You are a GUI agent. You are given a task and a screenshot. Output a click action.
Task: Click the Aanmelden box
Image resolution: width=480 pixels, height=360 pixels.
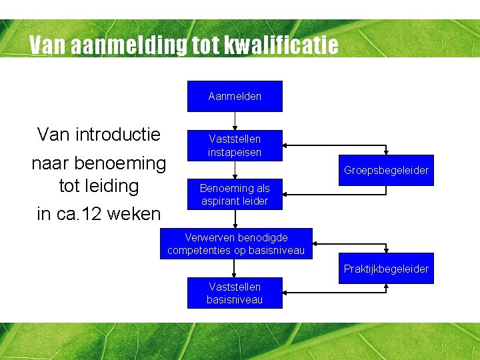[x=235, y=96]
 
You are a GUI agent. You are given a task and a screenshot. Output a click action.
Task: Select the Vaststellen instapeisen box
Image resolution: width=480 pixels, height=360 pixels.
[x=235, y=145]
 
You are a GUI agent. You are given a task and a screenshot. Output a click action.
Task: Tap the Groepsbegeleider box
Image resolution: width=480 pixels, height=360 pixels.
[x=386, y=170]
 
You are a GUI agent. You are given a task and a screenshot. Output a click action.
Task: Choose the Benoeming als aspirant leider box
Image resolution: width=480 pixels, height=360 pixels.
[x=235, y=194]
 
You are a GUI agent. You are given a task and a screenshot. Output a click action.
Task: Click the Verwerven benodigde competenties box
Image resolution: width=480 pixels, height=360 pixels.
[x=236, y=244]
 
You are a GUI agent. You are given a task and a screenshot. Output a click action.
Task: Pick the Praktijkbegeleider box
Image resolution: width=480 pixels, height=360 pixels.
[x=386, y=269]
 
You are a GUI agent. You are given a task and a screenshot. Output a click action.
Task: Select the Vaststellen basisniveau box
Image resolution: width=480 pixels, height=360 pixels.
[x=235, y=293]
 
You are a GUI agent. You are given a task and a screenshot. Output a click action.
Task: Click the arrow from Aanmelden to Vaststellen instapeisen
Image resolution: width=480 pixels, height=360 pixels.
[x=235, y=121]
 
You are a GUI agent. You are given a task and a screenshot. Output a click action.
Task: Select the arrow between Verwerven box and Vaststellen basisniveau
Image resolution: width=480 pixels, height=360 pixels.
[x=235, y=268]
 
